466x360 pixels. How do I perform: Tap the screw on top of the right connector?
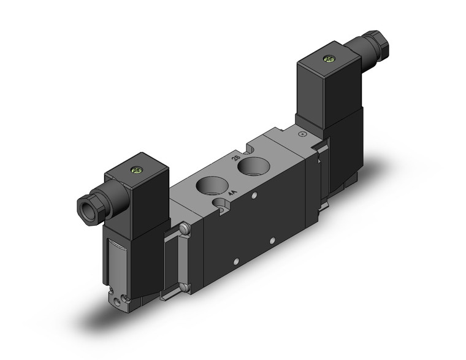pyautogui.click(x=329, y=59)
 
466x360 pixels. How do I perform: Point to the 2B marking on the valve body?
pyautogui.click(x=235, y=158)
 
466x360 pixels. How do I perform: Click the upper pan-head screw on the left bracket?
pyautogui.click(x=184, y=230)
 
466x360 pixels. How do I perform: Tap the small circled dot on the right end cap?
pyautogui.click(x=300, y=134)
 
